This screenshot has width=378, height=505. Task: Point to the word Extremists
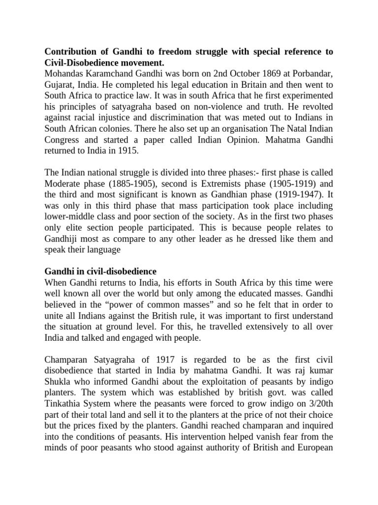224,183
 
